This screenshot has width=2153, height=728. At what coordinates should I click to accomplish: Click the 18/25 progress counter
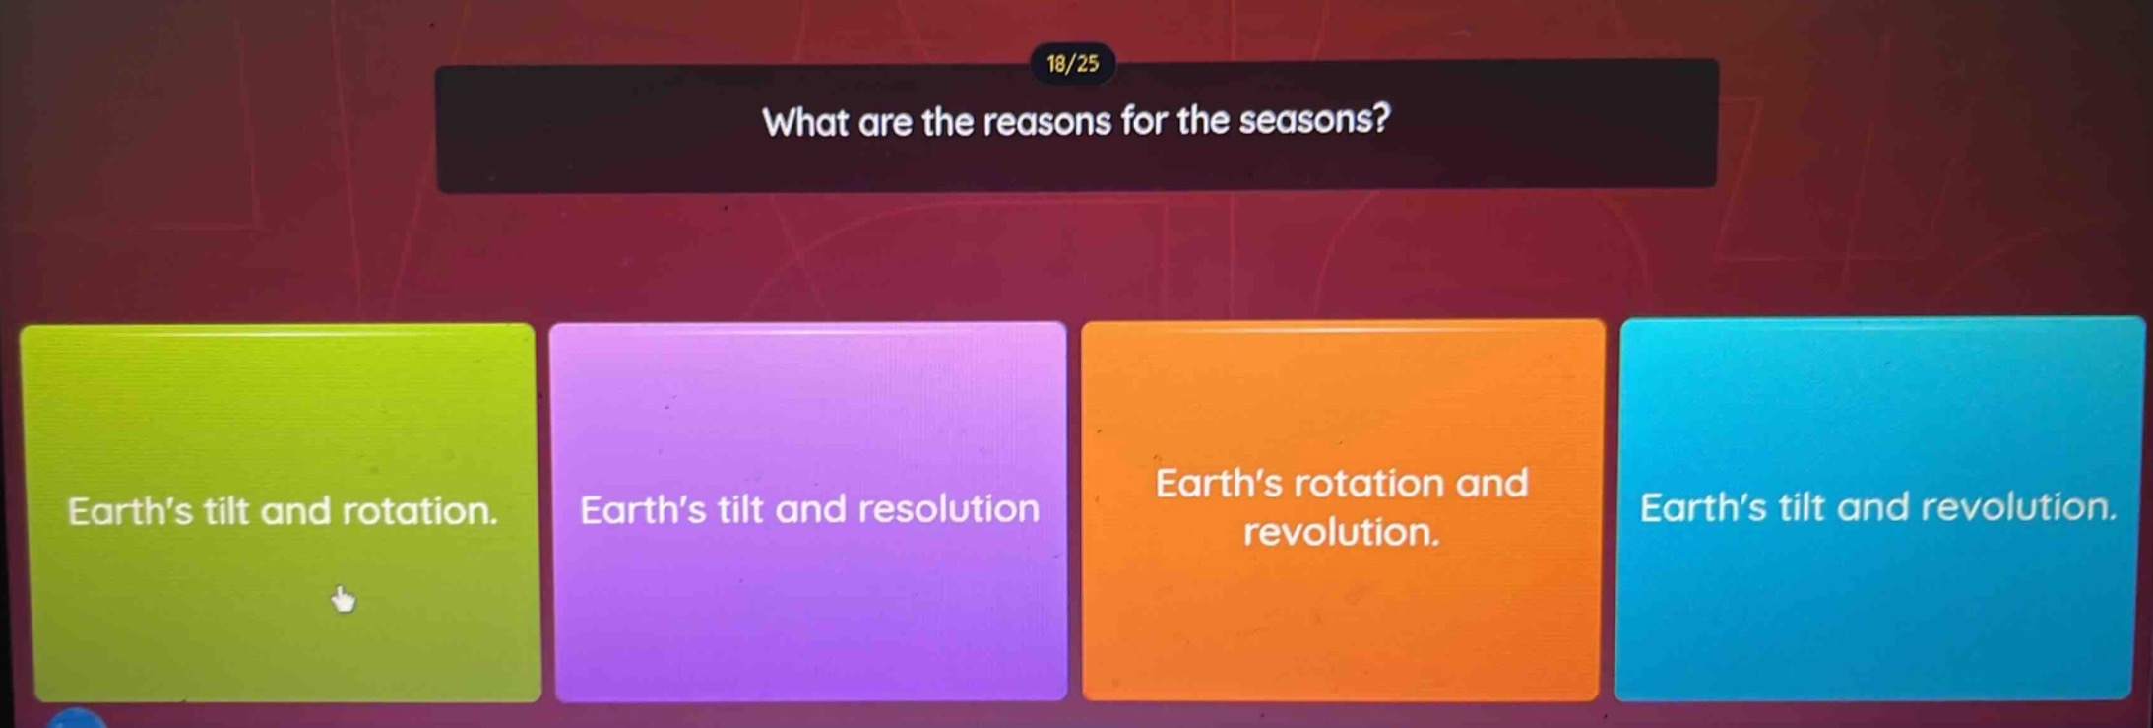coord(1072,65)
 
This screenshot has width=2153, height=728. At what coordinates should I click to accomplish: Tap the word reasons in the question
coord(1047,122)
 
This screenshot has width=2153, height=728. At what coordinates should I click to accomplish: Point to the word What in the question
coord(805,122)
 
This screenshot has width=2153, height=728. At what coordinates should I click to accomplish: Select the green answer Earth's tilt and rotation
coord(283,511)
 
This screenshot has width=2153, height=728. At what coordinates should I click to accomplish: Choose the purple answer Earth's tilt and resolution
coord(809,509)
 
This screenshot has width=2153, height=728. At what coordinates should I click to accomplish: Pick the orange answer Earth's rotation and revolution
coord(1341,507)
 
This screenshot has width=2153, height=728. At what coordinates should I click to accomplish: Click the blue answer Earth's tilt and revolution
coord(1876,507)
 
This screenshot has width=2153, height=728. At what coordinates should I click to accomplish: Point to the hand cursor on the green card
coord(343,598)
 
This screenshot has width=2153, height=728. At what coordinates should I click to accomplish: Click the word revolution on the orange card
coord(1341,533)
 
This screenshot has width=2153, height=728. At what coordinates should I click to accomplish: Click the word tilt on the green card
coord(226,511)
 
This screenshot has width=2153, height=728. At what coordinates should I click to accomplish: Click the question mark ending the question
coord(1380,120)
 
